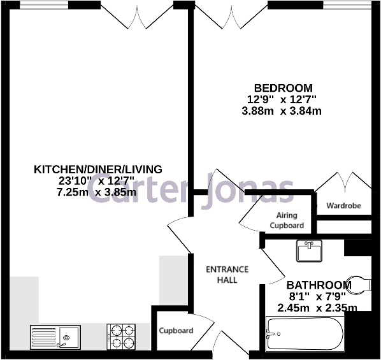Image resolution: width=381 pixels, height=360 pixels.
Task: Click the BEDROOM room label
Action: (283, 88)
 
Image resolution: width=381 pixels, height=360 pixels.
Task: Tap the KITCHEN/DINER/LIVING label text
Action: (97, 169)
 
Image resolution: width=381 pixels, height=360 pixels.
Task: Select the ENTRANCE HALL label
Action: (227, 275)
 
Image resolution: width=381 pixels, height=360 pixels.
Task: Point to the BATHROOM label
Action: (318, 285)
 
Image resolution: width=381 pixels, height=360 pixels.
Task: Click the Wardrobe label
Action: (343, 206)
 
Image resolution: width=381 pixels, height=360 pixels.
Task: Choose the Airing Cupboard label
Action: (287, 220)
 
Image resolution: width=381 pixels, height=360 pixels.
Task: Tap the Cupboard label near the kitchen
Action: (176, 331)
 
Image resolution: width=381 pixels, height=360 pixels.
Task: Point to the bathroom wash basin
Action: (311, 250)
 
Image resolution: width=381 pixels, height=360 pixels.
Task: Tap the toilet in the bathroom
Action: (360, 284)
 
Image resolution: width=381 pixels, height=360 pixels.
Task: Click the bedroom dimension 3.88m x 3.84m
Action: (283, 111)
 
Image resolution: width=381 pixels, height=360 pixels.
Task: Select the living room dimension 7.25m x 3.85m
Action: (97, 192)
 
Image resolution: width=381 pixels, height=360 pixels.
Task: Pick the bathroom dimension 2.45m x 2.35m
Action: (317, 308)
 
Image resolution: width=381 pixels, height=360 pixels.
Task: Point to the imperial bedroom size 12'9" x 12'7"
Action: (282, 99)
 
